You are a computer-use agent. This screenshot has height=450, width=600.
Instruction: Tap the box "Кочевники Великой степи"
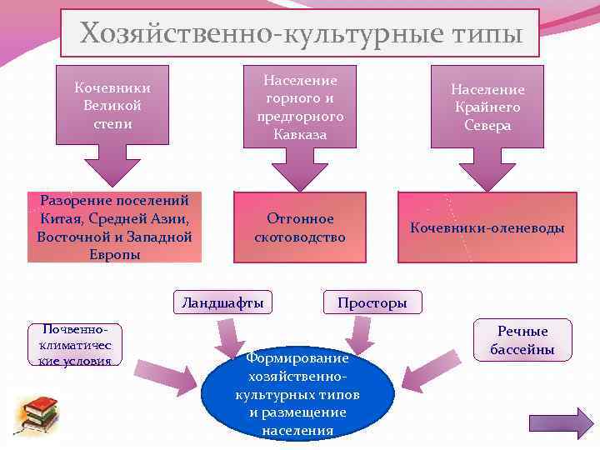click(x=112, y=104)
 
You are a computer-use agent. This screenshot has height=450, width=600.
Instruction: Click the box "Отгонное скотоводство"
click(x=300, y=227)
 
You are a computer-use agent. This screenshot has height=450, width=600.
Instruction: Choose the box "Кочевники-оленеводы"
click(x=487, y=227)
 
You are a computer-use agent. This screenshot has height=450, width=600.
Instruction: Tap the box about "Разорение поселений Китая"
click(x=114, y=227)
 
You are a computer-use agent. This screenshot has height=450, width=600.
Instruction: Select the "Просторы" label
click(x=372, y=302)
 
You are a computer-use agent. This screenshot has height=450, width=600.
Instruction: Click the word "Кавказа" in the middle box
click(x=300, y=134)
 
